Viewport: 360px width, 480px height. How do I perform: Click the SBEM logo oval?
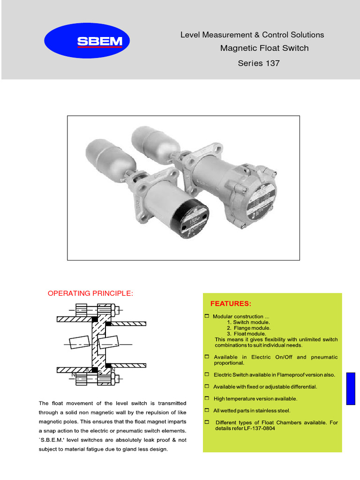[x=86, y=42]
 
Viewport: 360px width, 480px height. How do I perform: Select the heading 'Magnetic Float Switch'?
[x=264, y=48]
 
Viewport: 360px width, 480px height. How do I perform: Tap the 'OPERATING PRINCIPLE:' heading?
[x=90, y=293]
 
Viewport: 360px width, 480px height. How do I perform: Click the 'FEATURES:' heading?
[x=231, y=304]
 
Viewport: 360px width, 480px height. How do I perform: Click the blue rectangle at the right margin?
[x=351, y=389]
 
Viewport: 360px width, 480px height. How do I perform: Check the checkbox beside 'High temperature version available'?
[x=207, y=398]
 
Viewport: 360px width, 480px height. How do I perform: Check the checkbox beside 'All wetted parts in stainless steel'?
[x=207, y=410]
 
